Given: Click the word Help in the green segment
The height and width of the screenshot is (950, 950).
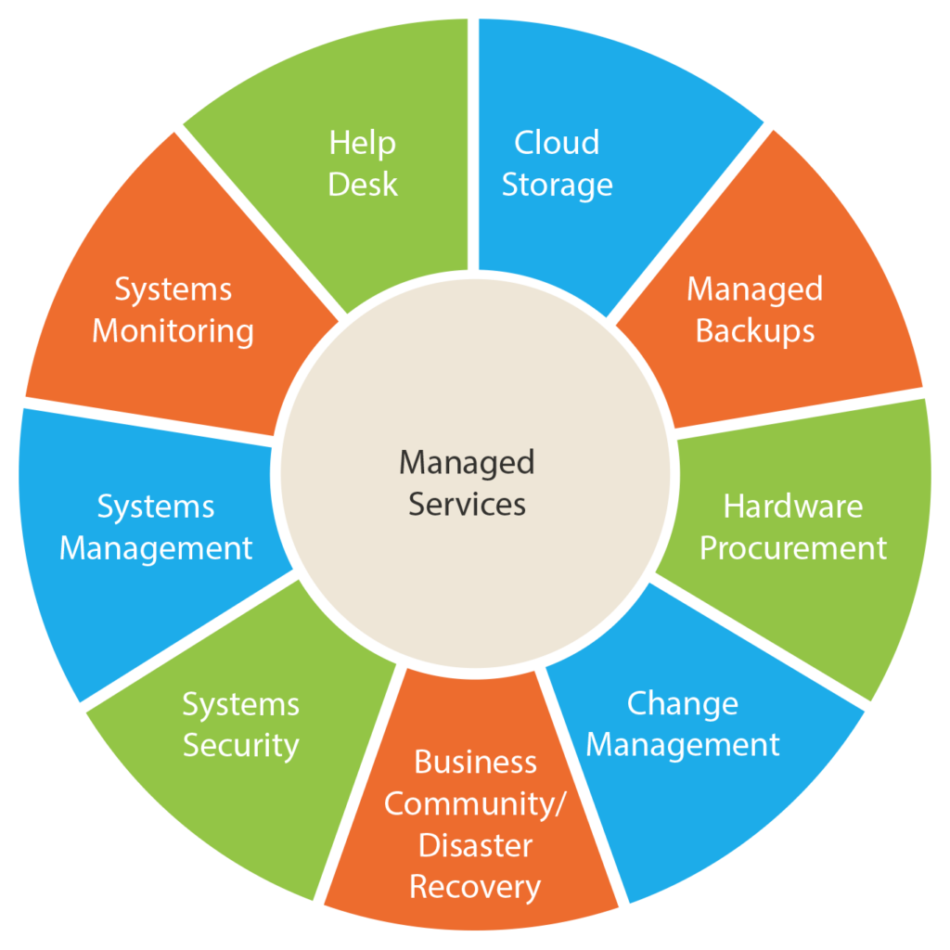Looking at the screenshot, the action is tap(363, 143).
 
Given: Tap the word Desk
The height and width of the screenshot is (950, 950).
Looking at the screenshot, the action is tap(363, 185).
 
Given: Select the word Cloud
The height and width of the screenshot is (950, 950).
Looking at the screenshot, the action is tap(557, 143).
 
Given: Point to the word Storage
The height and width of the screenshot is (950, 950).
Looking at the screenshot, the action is tap(558, 185).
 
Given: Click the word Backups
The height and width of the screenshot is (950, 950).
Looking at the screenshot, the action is tap(755, 331).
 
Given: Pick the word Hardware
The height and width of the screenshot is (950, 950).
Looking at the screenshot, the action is tap(793, 507).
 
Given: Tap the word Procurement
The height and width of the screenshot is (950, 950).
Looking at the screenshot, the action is tap(793, 548).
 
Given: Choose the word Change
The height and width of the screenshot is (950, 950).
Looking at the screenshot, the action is tap(683, 704).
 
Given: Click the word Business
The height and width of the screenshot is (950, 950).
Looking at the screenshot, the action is tap(476, 763).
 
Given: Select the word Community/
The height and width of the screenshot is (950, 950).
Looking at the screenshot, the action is tap(475, 804).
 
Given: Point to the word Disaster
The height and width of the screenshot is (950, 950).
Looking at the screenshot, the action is tap(476, 845).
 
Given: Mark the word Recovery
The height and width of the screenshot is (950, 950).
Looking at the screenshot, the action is tap(475, 888).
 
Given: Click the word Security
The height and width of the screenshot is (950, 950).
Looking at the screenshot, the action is tap(241, 746).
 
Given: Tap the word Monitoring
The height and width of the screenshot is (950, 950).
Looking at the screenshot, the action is tap(173, 331).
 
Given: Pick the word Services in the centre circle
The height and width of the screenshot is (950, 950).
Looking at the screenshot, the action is tap(468, 504).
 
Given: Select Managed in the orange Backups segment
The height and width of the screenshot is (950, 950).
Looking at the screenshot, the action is tap(755, 289).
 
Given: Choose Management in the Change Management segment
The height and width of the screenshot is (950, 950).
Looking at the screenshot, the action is tap(683, 745).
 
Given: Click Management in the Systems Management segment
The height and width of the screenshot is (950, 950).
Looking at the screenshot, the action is tap(156, 549).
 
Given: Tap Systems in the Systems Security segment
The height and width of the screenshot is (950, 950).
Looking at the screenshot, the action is tap(241, 705).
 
